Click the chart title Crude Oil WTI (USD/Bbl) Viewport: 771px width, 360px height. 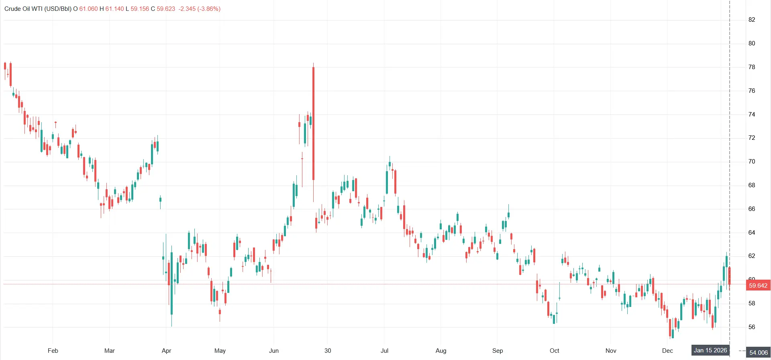click(x=38, y=9)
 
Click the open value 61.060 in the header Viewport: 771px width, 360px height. click(x=88, y=9)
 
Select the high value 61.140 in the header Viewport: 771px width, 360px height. click(x=114, y=9)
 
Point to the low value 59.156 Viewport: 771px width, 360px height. click(x=140, y=9)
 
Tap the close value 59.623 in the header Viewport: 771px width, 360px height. click(x=166, y=9)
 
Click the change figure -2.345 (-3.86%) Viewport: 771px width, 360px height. click(x=200, y=9)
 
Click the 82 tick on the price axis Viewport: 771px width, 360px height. click(x=752, y=20)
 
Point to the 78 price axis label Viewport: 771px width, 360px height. click(x=752, y=67)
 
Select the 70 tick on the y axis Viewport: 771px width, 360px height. click(x=752, y=162)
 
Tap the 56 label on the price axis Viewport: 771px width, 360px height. click(x=752, y=327)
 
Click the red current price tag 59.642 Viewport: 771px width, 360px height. click(x=758, y=286)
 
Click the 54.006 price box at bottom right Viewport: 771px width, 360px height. click(x=758, y=353)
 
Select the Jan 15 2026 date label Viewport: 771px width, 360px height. click(x=710, y=350)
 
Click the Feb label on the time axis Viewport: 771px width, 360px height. click(x=53, y=351)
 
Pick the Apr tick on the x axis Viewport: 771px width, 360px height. click(x=166, y=351)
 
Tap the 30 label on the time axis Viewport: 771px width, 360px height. click(x=328, y=351)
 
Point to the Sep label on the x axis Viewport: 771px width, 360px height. click(x=498, y=351)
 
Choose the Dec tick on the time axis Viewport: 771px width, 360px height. click(x=667, y=351)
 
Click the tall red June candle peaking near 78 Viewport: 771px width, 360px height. click(x=313, y=121)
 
